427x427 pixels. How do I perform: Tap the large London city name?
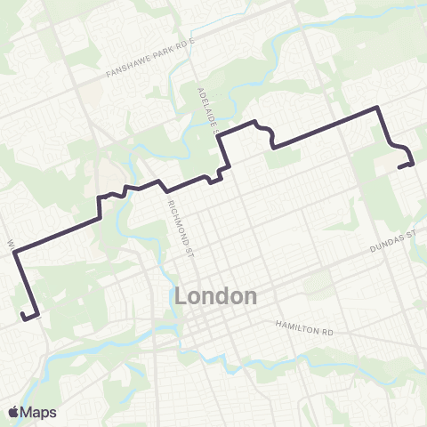pyautogui.click(x=218, y=296)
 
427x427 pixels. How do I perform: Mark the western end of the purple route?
pyautogui.click(x=21, y=313)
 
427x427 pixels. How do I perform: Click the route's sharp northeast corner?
pyautogui.click(x=379, y=108)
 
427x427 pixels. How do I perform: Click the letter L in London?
pyautogui.click(x=185, y=296)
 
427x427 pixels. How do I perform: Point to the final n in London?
pyautogui.click(x=250, y=296)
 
